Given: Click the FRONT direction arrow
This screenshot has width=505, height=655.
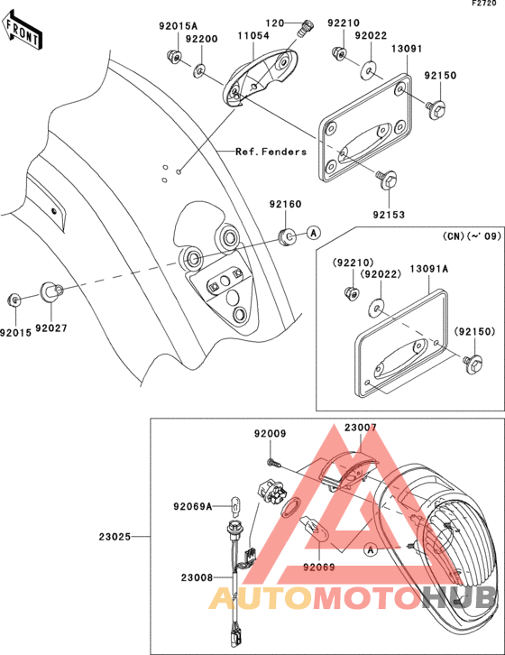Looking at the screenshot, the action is point(22,30).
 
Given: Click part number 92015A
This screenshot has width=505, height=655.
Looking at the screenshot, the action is point(178,26).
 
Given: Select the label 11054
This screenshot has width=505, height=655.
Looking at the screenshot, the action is point(253,35).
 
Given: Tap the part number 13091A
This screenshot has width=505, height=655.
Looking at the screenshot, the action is point(429,269).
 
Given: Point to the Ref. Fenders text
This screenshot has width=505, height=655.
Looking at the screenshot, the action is point(271,152).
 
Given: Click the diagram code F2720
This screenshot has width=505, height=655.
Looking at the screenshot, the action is point(484,4).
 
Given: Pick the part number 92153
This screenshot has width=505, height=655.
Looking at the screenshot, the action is point(389,215).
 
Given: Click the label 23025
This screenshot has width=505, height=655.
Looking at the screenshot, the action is point(115,537).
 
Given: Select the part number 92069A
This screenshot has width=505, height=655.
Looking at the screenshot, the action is point(193,507).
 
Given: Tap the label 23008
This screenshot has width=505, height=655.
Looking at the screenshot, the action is point(197,577).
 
